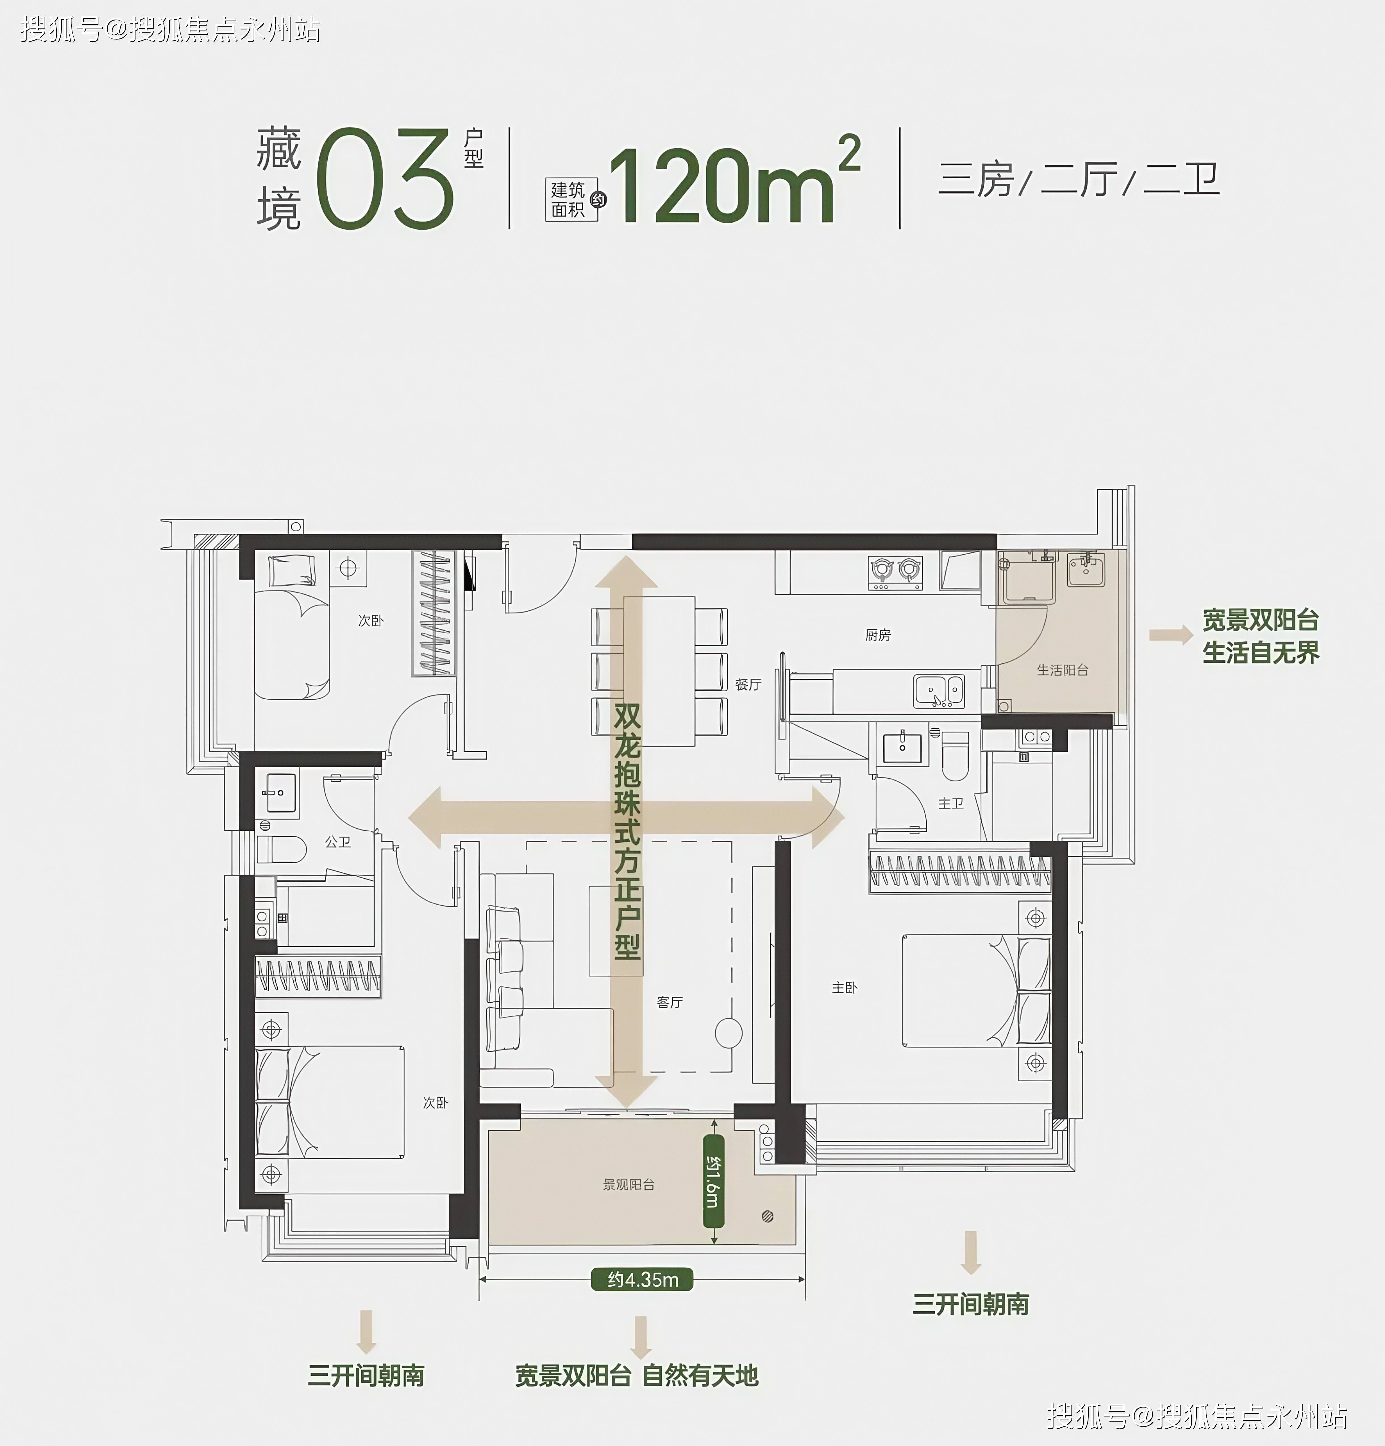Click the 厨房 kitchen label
pyautogui.click(x=877, y=635)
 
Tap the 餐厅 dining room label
pyautogui.click(x=748, y=685)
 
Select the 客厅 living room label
pyautogui.click(x=670, y=1002)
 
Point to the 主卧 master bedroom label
pyautogui.click(x=844, y=987)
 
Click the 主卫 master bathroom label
pyautogui.click(x=951, y=803)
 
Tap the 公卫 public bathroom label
pyautogui.click(x=338, y=841)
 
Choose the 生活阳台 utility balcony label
pyautogui.click(x=1062, y=670)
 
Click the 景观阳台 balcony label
pyautogui.click(x=628, y=1184)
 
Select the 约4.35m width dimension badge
pyautogui.click(x=642, y=1279)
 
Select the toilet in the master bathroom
pyautogui.click(x=955, y=755)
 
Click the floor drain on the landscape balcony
pyautogui.click(x=767, y=1217)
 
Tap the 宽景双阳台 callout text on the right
pyautogui.click(x=1260, y=620)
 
